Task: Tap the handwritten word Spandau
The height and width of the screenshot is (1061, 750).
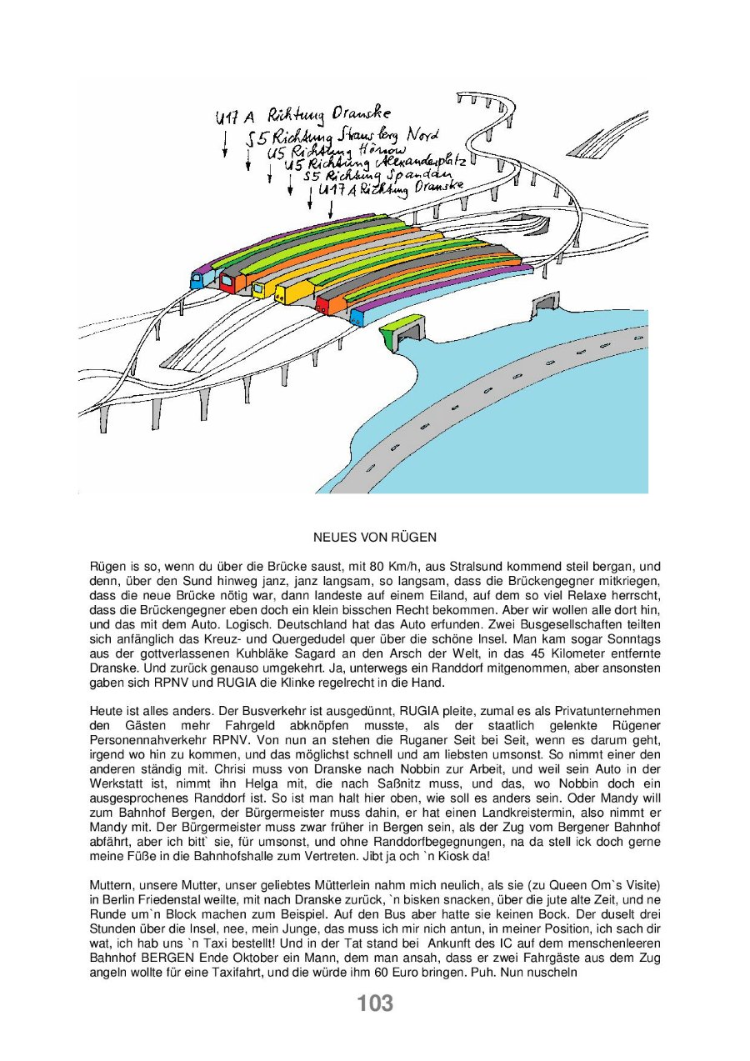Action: (x=423, y=174)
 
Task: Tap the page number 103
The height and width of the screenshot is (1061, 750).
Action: (x=375, y=1003)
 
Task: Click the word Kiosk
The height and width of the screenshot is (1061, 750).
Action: (x=458, y=857)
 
